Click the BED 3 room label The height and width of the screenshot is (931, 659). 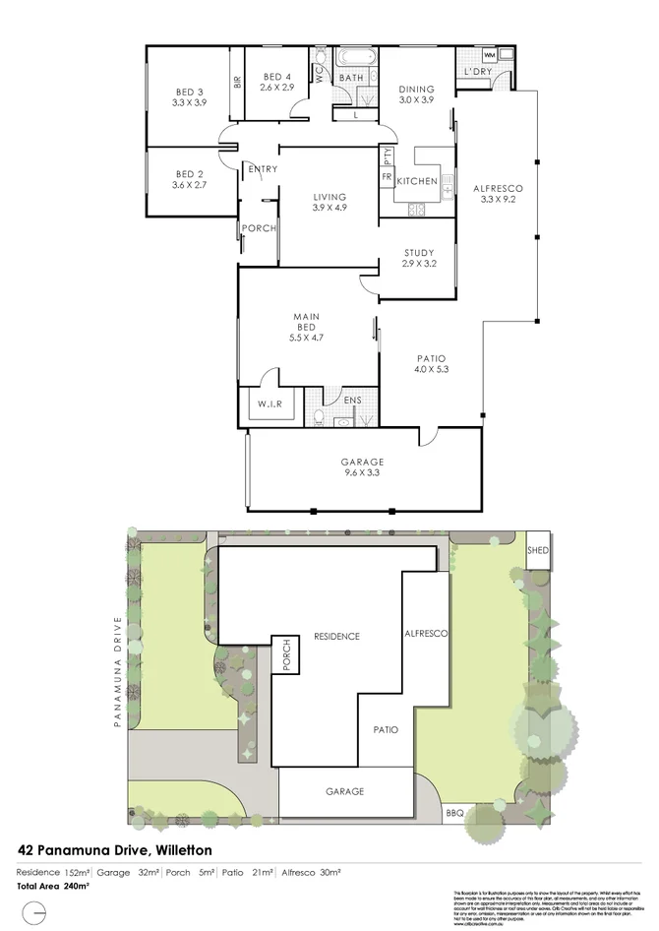(188, 92)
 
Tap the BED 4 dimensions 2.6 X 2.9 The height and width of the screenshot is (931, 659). (277, 88)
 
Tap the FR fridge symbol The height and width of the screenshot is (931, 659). (387, 177)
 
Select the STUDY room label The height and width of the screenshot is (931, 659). (418, 253)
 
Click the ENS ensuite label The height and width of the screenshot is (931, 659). (353, 401)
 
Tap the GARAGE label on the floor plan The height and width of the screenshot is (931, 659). (364, 462)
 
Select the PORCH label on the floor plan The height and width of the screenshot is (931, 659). (260, 229)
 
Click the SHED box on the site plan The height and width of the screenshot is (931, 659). (537, 549)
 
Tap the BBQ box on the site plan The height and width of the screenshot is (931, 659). (454, 813)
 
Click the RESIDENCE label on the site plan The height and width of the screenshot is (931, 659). (336, 636)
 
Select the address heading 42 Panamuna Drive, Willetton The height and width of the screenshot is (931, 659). (114, 849)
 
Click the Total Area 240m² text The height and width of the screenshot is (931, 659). (53, 886)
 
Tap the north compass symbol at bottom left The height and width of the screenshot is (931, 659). (36, 914)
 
